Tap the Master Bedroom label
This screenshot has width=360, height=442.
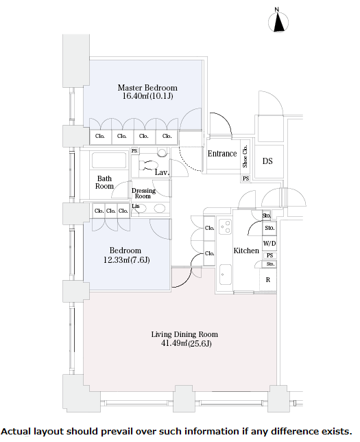pyautogui.click(x=147, y=88)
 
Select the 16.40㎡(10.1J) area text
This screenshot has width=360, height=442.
pyautogui.click(x=147, y=96)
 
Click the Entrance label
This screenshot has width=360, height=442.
pyautogui.click(x=222, y=154)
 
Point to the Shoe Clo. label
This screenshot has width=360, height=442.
pyautogui.click(x=245, y=156)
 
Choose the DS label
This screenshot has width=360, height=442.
pyautogui.click(x=267, y=161)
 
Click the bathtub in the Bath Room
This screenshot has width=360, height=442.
pyautogui.click(x=109, y=161)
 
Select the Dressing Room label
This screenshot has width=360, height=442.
pyautogui.click(x=143, y=194)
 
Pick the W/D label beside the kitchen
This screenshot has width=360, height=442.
pyautogui.click(x=269, y=243)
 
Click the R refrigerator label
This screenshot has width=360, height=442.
pyautogui.click(x=268, y=280)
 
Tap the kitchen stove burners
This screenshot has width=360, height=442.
pyautogui.click(x=226, y=227)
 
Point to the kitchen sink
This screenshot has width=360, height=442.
pyautogui.click(x=226, y=275)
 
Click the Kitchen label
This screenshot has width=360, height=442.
pyautogui.click(x=246, y=251)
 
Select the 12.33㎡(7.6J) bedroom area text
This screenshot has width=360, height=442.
pyautogui.click(x=126, y=259)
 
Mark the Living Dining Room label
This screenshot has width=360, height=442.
pyautogui.click(x=184, y=334)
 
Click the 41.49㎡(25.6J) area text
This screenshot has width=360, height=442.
pyautogui.click(x=187, y=343)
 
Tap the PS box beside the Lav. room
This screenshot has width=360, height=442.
pyautogui.click(x=134, y=151)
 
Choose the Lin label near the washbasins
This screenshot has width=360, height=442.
pyautogui.click(x=136, y=206)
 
